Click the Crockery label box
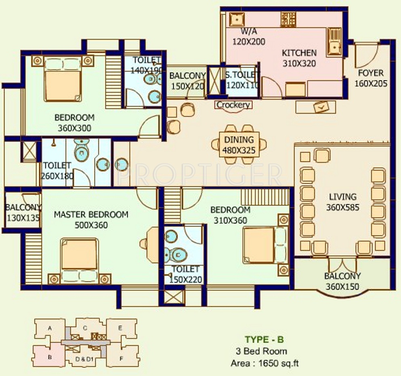coord(233,105)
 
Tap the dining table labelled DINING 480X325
coord(239,144)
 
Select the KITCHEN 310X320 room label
coord(299,58)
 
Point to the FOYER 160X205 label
coord(371,78)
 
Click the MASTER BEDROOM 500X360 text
coord(91,220)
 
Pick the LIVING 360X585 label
coord(343,202)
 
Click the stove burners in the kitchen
coord(289,19)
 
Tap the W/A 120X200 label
coord(249,37)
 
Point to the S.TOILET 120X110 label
coord(242,80)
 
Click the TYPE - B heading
coord(264,339)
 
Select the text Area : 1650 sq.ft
coord(265,363)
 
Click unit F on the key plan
coord(122,359)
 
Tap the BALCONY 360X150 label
coord(342,281)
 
